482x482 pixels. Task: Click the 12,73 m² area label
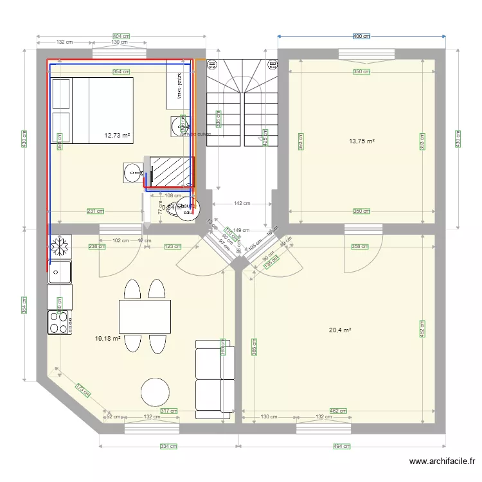(x=117, y=136)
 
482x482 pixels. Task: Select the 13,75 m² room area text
(x=361, y=141)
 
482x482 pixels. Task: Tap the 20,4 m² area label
(x=340, y=330)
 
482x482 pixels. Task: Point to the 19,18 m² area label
(x=107, y=338)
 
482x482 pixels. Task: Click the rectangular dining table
(x=145, y=316)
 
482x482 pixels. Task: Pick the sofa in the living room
(x=215, y=376)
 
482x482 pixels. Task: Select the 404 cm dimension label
(x=121, y=36)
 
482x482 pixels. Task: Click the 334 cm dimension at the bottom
(x=169, y=446)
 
